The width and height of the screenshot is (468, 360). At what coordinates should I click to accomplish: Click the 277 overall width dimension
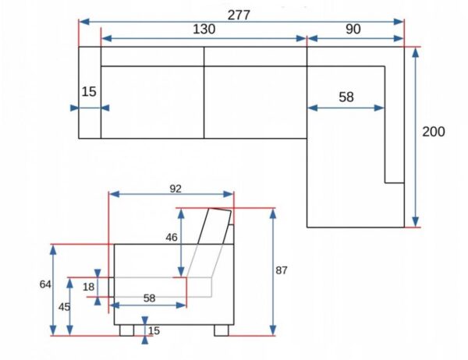point(239,15)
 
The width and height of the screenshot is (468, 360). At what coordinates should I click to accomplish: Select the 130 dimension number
point(204,30)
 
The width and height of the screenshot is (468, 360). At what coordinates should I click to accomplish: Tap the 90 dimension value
point(353,29)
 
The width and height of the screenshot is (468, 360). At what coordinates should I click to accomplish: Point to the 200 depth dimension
point(434,132)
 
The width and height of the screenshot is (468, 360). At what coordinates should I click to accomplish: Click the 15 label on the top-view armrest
point(89,92)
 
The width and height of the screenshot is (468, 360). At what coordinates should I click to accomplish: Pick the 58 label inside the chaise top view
point(346,97)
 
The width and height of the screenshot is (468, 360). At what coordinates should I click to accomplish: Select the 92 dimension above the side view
point(175,189)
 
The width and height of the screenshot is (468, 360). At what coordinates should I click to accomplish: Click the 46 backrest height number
point(172,238)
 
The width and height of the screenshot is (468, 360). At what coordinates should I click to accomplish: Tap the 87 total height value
point(281,270)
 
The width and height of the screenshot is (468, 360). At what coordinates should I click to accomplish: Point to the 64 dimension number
point(45,284)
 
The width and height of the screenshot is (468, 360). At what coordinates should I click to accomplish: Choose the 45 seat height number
point(64,307)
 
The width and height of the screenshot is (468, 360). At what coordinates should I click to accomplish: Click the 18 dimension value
point(88,287)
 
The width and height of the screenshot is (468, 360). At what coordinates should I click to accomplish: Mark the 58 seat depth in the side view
point(150,298)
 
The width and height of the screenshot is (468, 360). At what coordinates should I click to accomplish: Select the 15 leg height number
point(154,330)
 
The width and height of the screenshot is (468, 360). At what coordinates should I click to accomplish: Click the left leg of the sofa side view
point(127,330)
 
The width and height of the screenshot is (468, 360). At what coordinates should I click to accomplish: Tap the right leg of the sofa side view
point(222,330)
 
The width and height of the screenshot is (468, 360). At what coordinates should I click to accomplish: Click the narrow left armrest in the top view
point(90,93)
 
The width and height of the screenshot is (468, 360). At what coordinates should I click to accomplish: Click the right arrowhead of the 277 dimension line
point(399,22)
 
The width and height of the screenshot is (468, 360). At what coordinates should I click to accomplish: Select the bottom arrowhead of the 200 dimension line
point(415,222)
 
